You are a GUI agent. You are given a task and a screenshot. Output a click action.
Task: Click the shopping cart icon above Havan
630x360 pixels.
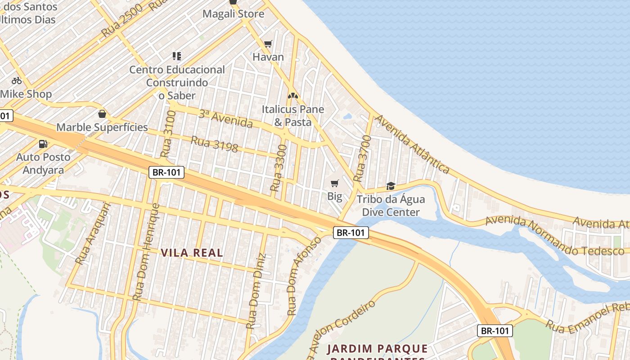point(268,44)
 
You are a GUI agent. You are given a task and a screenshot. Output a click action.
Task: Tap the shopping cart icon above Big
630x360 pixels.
point(334,183)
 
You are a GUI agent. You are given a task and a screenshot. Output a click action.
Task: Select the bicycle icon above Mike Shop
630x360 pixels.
point(17,81)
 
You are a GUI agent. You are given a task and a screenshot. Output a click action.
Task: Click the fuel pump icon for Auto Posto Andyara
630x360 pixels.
point(43,144)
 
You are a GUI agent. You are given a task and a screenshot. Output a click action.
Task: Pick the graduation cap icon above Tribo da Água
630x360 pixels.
point(391,186)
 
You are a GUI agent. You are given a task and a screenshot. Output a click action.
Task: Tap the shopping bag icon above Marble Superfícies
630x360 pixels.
point(102,114)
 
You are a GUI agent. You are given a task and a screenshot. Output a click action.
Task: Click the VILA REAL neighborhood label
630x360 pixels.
point(192,253)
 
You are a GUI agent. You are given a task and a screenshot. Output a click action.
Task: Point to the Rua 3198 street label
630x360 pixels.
point(214,144)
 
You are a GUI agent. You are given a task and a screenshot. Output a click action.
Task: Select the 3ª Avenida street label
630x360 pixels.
point(225,118)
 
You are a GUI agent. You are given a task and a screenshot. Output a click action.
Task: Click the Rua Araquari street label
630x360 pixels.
point(93,234)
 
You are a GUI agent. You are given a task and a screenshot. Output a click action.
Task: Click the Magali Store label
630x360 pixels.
point(233,14)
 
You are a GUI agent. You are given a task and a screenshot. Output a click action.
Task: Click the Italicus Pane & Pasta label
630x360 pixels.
point(293,116)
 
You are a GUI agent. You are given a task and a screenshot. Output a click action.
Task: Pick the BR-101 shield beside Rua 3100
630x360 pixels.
point(166,172)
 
